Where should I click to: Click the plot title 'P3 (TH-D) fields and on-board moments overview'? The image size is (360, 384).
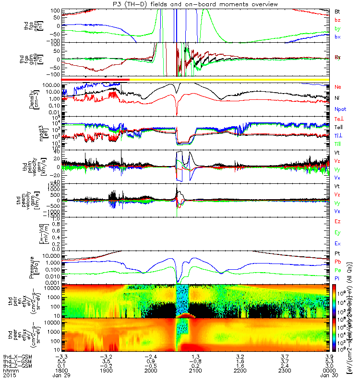coord(180,4)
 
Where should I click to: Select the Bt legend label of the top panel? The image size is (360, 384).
coord(337,11)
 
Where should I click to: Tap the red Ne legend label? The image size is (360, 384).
coord(337,87)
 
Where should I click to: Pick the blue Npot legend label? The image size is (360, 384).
coord(339,109)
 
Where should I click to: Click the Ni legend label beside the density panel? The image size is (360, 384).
coord(337,98)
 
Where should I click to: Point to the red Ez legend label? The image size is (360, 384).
coord(337,222)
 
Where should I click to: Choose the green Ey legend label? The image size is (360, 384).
coord(337,233)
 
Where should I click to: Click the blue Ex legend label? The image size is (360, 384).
coord(337,244)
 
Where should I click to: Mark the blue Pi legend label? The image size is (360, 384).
coord(337,278)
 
